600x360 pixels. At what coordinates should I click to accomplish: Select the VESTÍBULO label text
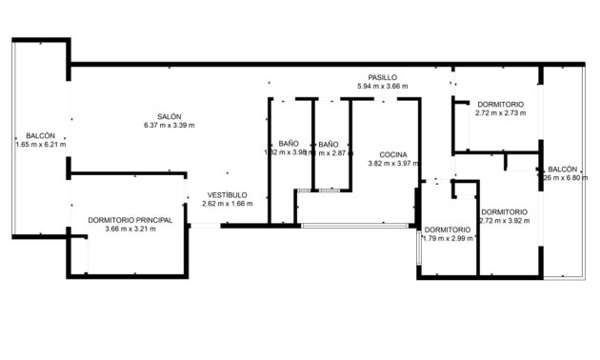(x=225, y=194)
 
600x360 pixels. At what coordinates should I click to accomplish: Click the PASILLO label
(x=382, y=77)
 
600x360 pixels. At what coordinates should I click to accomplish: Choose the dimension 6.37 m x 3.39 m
(x=170, y=126)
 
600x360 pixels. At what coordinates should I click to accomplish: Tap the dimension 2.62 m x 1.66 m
(x=226, y=203)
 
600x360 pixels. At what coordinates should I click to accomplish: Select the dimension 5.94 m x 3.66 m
(x=382, y=87)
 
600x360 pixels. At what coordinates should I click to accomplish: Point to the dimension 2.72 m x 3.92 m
(x=504, y=221)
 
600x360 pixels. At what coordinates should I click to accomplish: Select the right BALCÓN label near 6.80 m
(x=562, y=169)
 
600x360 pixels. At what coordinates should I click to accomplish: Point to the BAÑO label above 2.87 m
(x=328, y=143)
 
